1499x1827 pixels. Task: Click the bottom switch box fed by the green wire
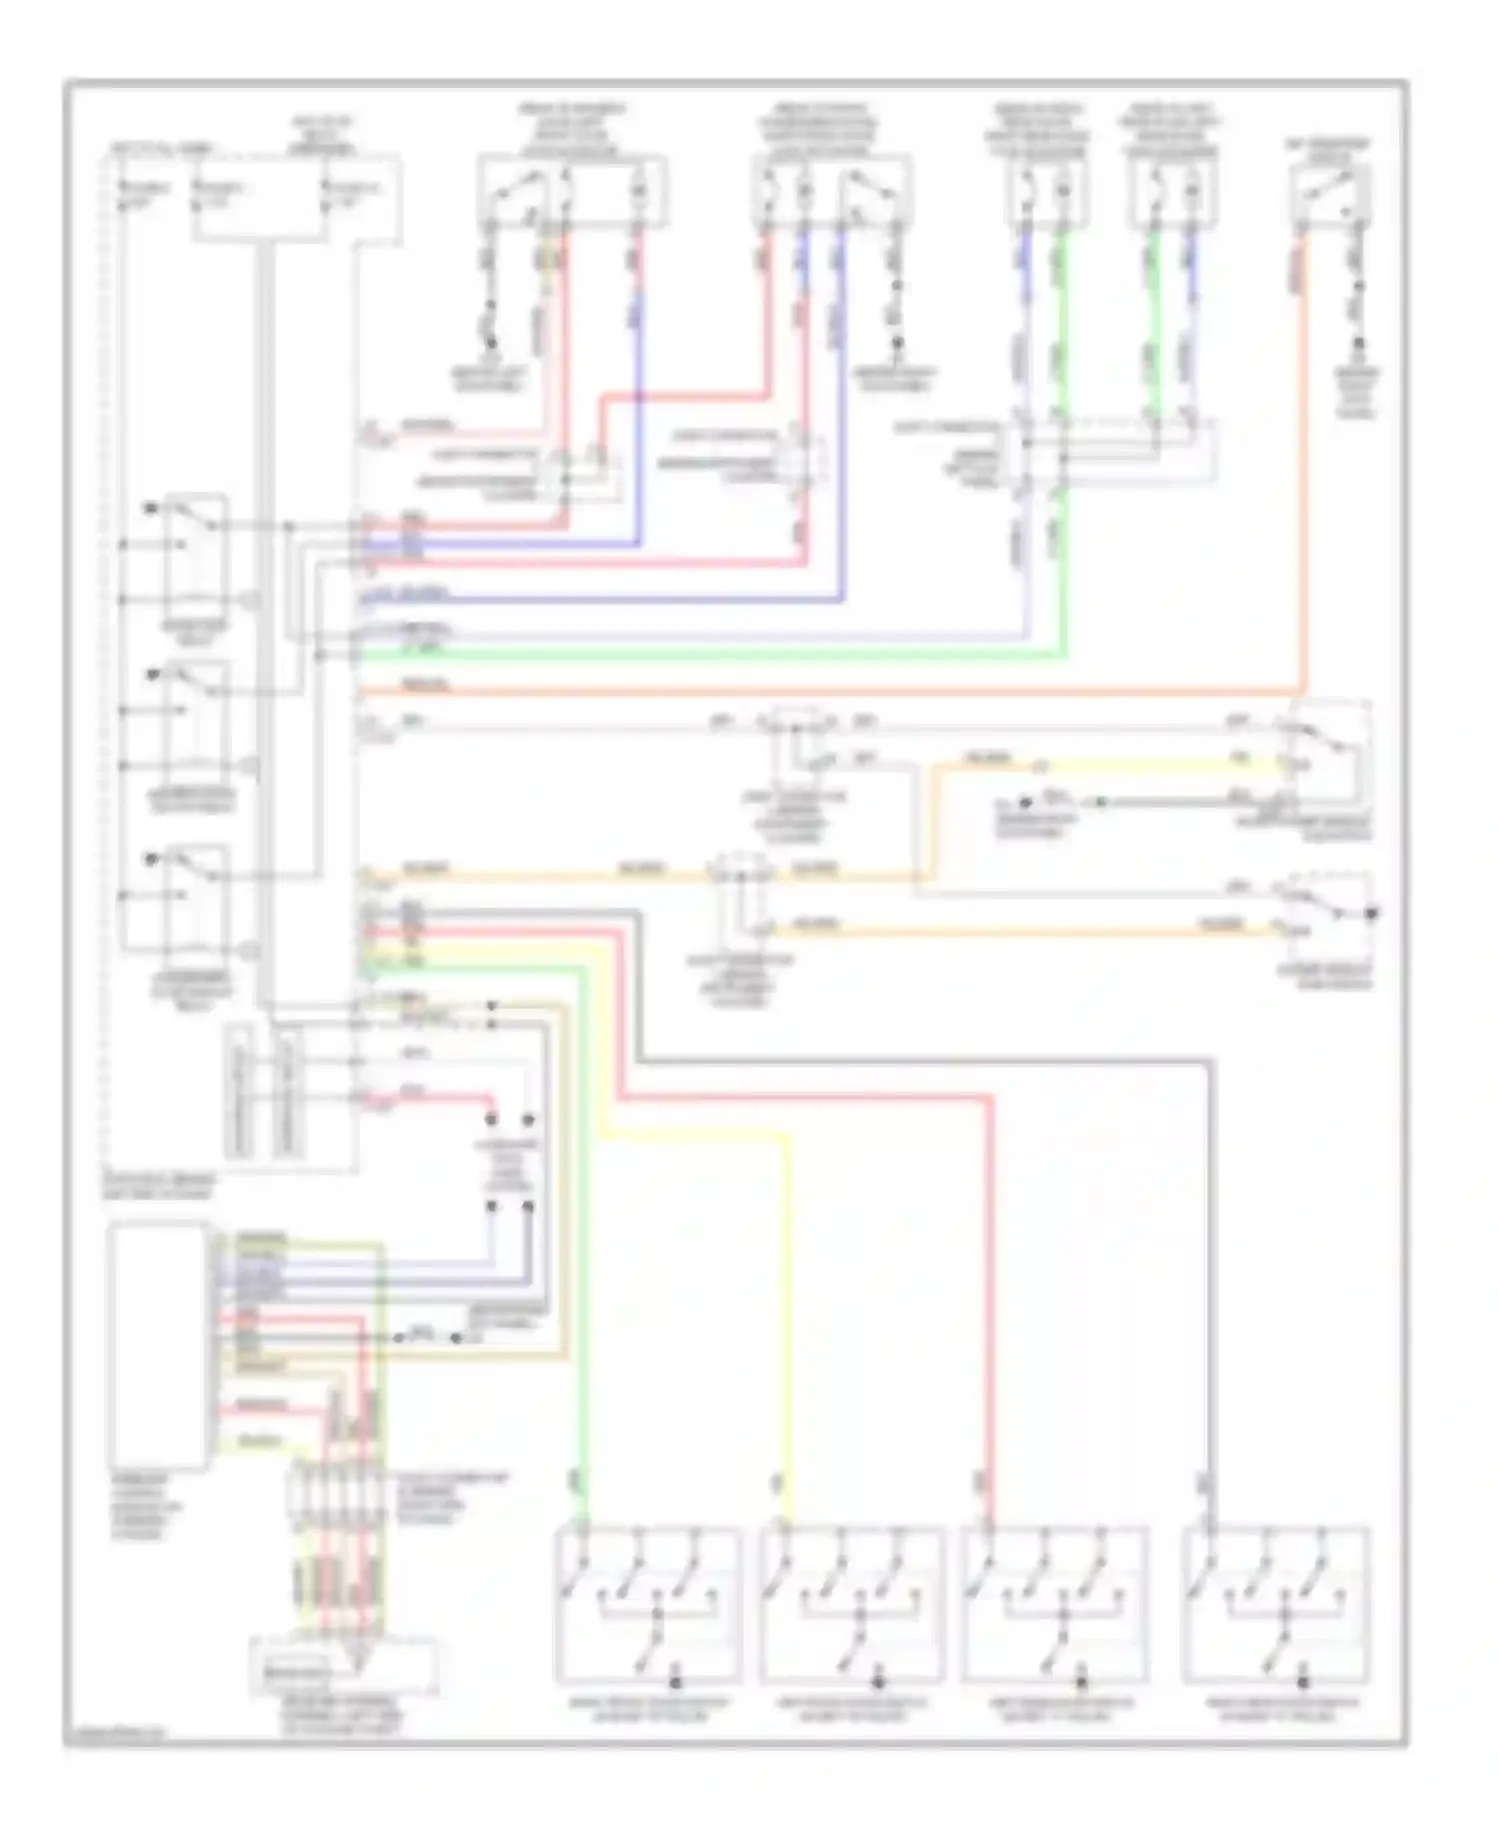coord(648,1605)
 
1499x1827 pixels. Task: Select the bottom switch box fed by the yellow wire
coord(850,1605)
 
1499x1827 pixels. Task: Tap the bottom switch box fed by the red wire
coord(1054,1605)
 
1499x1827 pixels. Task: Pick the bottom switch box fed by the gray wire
coord(1276,1605)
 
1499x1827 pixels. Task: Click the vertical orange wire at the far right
coord(1303,460)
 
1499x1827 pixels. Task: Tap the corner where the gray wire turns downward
coord(1211,1061)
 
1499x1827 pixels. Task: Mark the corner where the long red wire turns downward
coord(992,1098)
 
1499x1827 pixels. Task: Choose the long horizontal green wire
coord(700,657)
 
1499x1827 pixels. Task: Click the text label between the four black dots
coord(510,1164)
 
